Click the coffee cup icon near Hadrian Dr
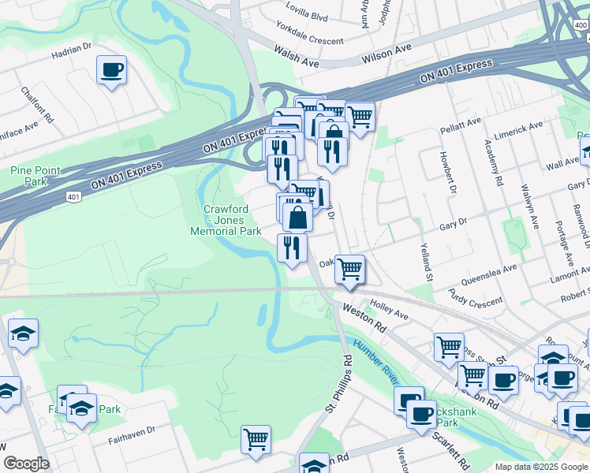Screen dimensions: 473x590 111,70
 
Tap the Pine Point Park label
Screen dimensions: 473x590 30,176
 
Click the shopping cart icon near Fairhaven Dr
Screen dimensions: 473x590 256,439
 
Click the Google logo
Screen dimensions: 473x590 27,464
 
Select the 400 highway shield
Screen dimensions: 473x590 581,26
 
